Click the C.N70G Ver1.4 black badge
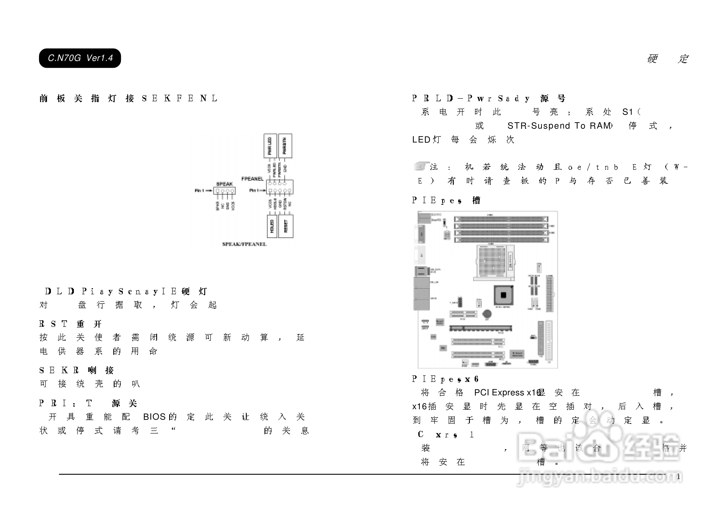(80, 58)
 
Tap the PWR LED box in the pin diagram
(270, 146)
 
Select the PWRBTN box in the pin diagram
(285, 146)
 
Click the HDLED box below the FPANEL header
(272, 226)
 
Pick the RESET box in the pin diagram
(286, 226)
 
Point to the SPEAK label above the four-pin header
(224, 184)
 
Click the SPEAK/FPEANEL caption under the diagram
(244, 244)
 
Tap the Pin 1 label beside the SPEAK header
(199, 191)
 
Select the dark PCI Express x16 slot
(480, 328)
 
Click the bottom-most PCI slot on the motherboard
(478, 354)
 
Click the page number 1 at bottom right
(678, 477)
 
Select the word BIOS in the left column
(154, 417)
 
